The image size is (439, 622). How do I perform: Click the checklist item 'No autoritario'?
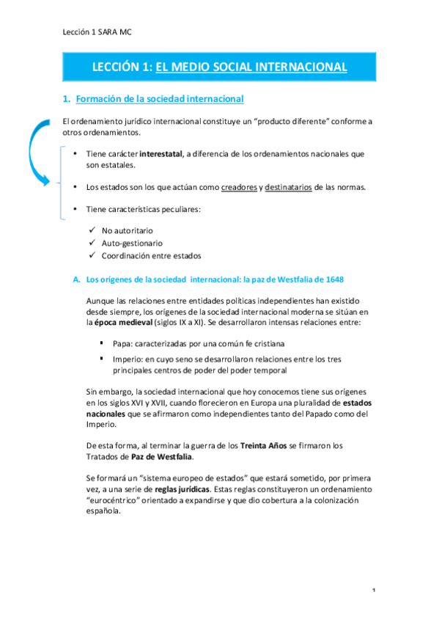point(128,230)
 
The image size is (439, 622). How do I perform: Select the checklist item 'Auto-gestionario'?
point(132,243)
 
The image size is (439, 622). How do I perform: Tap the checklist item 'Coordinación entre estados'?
point(151,255)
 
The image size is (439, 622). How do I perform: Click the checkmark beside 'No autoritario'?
point(91,230)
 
